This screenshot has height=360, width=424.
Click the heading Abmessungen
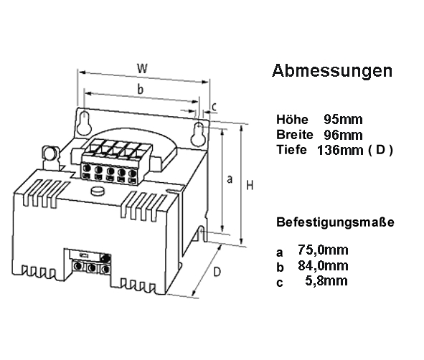(x=332, y=71)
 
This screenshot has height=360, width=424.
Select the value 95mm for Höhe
(x=343, y=119)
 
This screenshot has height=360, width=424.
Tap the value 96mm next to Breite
(x=343, y=135)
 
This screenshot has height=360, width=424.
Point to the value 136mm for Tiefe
(x=340, y=150)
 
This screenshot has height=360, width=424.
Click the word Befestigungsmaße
(x=335, y=222)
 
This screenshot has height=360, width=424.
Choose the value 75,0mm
(x=323, y=250)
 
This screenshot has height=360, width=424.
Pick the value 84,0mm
(x=323, y=265)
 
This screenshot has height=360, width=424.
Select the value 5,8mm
(x=326, y=280)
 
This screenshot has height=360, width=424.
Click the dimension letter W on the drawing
(x=142, y=68)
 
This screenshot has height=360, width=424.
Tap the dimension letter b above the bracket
(x=140, y=89)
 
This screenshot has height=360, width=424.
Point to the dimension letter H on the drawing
(x=250, y=186)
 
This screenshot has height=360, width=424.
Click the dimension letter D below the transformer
(x=217, y=272)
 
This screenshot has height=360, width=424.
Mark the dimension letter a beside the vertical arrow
(x=230, y=179)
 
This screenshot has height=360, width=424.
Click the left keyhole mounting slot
(x=84, y=123)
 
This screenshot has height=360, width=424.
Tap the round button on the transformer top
(x=98, y=191)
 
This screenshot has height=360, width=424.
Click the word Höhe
(x=292, y=119)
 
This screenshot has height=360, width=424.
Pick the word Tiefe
(x=291, y=149)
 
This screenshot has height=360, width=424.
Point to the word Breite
(x=295, y=134)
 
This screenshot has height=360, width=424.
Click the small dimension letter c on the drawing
(x=215, y=107)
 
